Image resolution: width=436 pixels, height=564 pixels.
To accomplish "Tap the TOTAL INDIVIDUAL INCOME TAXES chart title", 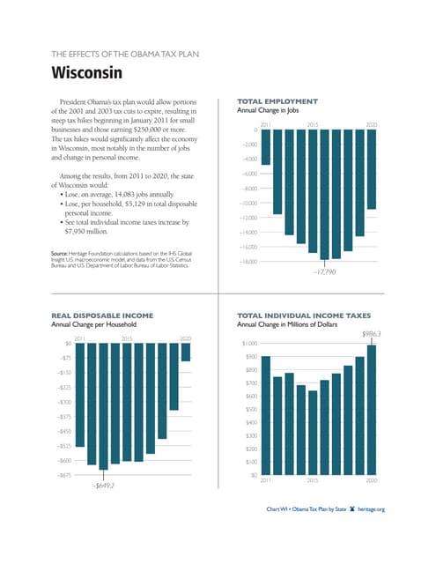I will [x=309, y=315].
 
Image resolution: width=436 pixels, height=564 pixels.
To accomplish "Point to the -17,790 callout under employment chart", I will [x=324, y=273].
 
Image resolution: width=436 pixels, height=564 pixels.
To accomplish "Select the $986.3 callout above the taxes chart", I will [x=371, y=334].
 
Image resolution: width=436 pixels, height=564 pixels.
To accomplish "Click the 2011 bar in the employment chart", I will [x=265, y=154].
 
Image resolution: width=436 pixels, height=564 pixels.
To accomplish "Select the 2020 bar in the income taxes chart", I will [x=371, y=410].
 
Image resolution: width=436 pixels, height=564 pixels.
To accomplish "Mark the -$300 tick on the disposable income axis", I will [x=63, y=402].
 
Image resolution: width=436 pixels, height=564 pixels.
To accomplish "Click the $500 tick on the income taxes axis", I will [x=251, y=410].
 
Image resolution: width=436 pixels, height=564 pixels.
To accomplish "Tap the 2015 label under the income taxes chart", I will [x=313, y=481].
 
